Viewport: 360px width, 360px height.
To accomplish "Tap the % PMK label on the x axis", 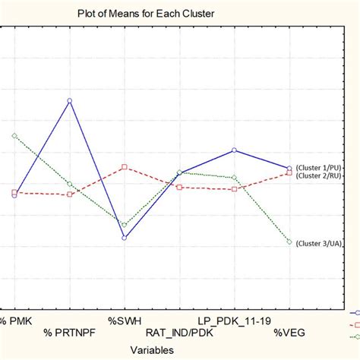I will [x=17, y=321].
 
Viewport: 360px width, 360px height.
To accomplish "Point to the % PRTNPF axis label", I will [x=69, y=333].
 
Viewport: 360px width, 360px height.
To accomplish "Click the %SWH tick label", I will [x=125, y=321].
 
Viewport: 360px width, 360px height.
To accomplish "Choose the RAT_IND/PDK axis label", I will [x=179, y=333].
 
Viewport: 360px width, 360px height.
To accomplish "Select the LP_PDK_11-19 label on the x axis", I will [x=234, y=321].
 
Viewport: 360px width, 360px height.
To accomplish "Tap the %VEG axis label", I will [x=289, y=333].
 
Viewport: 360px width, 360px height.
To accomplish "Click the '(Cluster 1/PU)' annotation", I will [x=318, y=168].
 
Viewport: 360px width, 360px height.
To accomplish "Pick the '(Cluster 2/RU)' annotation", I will [x=318, y=176].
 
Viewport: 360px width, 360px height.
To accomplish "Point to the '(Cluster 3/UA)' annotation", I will [x=318, y=243].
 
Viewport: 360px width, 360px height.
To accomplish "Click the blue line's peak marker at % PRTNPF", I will [x=70, y=100].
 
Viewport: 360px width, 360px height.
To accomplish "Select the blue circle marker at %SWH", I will [x=125, y=238].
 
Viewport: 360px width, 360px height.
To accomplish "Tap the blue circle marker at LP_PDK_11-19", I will [x=235, y=150].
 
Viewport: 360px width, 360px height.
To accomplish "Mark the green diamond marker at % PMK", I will [x=14, y=135].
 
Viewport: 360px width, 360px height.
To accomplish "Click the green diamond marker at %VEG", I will [x=289, y=242].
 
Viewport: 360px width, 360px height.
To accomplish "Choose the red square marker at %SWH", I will [x=125, y=167].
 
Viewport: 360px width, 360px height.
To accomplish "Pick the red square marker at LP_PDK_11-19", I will [x=235, y=188].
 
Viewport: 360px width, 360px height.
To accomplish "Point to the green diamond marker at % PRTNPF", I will [x=70, y=184].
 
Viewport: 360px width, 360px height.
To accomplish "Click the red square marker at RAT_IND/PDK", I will [x=179, y=186].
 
